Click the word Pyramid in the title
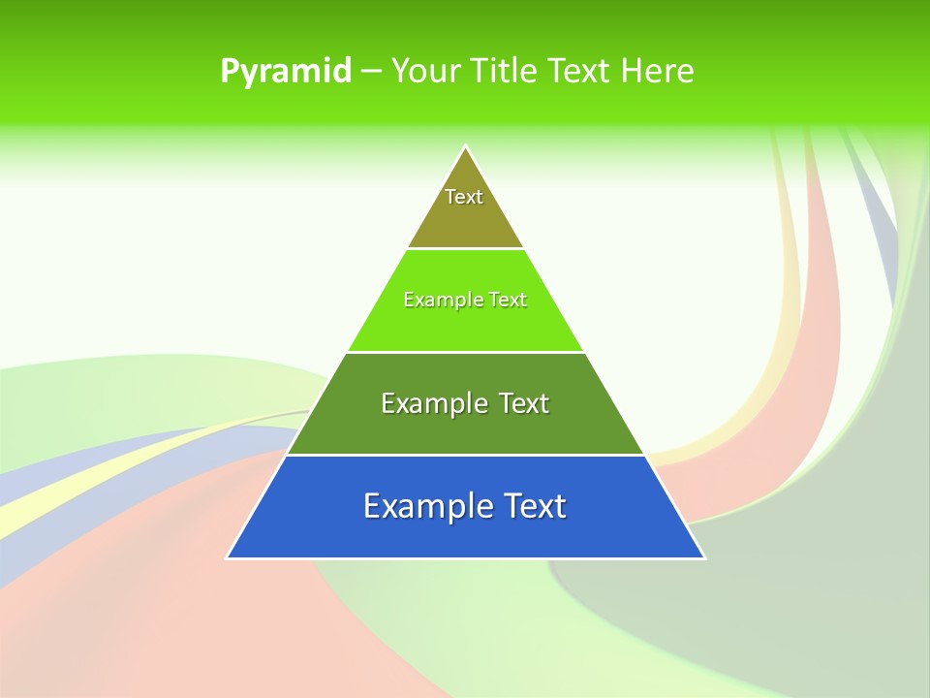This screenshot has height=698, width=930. tap(285, 72)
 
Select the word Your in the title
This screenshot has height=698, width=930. tap(424, 72)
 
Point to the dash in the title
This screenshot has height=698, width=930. tap(371, 72)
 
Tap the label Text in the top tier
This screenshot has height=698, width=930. tap(464, 197)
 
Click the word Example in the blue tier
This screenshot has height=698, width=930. tap(426, 506)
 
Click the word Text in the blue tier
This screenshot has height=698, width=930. tap(534, 506)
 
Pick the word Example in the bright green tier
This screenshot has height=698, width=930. tap(439, 300)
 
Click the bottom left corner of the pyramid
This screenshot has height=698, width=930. tap(228, 557)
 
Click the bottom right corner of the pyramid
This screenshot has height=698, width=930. tap(704, 557)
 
